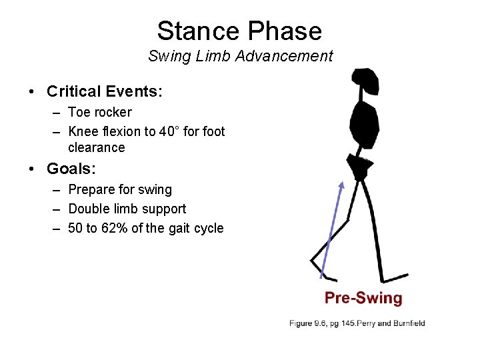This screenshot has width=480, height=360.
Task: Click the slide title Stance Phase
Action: pyautogui.click(x=239, y=31)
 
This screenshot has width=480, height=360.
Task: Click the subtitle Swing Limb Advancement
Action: pyautogui.click(x=240, y=56)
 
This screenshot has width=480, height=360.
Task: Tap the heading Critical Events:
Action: pyautogui.click(x=105, y=91)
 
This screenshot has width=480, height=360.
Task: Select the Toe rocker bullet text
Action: pyautogui.click(x=100, y=112)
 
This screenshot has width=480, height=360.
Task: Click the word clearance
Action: pyautogui.click(x=97, y=147)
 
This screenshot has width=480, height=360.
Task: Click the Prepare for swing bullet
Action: pyautogui.click(x=120, y=190)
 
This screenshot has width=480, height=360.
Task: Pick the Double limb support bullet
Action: pyautogui.click(x=127, y=209)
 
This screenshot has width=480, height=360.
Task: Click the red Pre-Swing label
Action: pyautogui.click(x=363, y=298)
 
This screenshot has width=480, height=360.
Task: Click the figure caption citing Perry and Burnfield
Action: pyautogui.click(x=357, y=323)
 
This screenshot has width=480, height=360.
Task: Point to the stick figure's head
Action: pyautogui.click(x=365, y=81)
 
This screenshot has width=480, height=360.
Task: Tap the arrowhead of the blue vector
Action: pyautogui.click(x=342, y=184)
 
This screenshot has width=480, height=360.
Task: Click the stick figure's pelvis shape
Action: pyautogui.click(x=359, y=166)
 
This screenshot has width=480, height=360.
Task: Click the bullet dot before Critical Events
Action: pyautogui.click(x=33, y=92)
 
